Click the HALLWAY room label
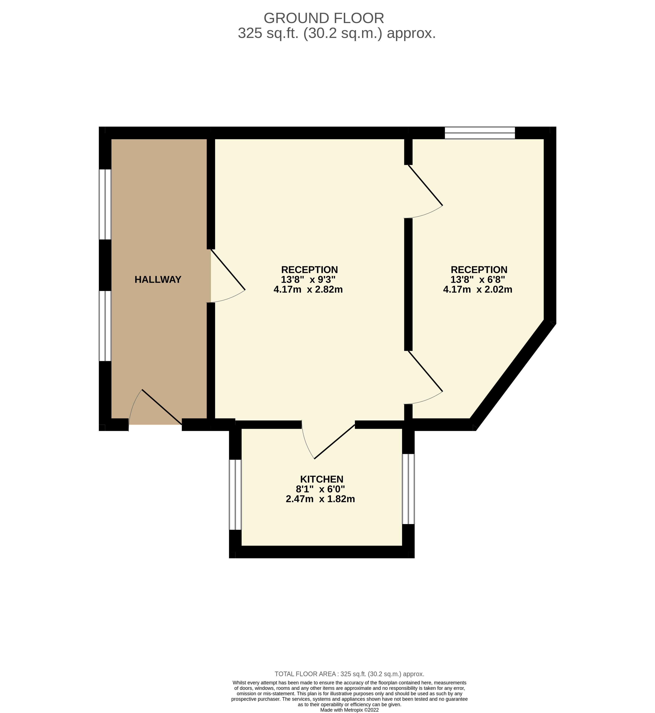click(158, 280)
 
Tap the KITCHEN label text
click(322, 479)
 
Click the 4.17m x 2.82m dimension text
click(308, 289)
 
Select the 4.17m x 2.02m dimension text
click(478, 289)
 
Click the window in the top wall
click(480, 133)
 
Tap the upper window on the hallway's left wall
click(105, 204)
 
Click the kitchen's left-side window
click(235, 495)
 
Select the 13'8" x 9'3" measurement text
click(308, 280)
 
